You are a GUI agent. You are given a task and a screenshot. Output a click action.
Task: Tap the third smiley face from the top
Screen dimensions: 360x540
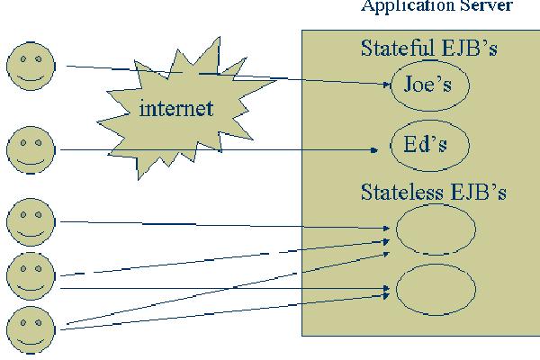point(31,221)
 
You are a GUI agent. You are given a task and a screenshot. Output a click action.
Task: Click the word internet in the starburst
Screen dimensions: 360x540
point(177,109)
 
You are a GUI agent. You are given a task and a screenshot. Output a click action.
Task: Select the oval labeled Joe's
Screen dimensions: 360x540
point(427,85)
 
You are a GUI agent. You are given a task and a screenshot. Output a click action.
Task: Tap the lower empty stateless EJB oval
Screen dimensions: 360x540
point(436,287)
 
